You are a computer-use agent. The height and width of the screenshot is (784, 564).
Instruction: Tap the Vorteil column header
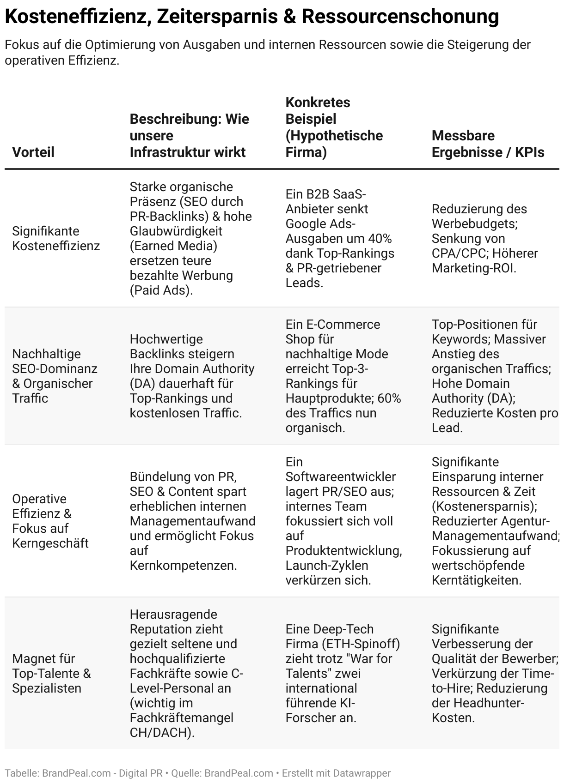33,152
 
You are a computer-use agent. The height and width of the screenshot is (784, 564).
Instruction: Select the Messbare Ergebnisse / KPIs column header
488,144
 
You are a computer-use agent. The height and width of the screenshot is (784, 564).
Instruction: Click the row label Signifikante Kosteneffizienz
56,238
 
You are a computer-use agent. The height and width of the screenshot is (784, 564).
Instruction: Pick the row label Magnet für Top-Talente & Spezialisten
51,673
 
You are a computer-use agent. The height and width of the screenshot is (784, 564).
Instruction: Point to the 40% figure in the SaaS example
380,239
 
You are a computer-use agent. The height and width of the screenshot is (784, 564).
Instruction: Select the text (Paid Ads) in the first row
161,290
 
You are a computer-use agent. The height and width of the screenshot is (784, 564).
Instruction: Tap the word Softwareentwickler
341,476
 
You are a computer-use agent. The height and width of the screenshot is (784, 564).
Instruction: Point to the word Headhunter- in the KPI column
489,703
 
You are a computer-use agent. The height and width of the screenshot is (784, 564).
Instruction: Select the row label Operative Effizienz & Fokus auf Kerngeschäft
50,521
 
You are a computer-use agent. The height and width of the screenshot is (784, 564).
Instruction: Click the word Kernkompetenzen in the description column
183,565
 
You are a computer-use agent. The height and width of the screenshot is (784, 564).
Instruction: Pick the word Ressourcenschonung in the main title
400,17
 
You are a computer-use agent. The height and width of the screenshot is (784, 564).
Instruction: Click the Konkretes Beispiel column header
334,127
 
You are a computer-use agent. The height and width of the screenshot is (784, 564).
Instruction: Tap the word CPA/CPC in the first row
457,253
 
